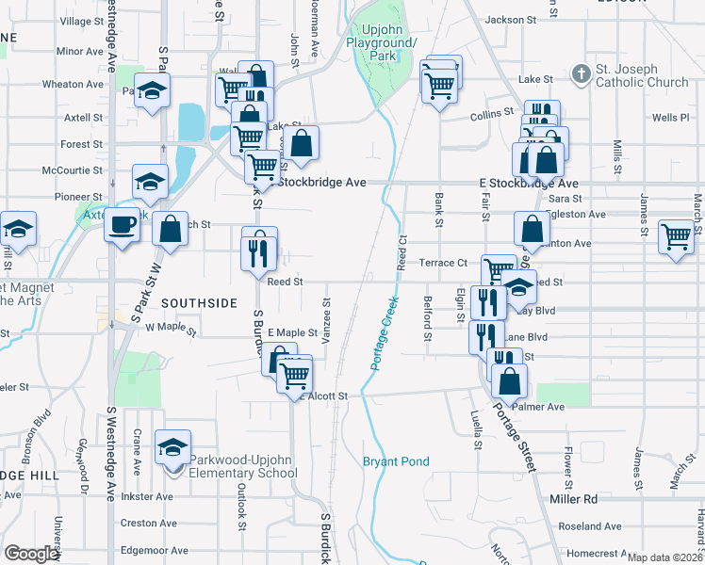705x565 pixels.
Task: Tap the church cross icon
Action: click(x=582, y=73)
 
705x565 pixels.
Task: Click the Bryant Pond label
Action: click(x=396, y=461)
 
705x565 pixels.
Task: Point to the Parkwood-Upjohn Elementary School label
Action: click(x=243, y=465)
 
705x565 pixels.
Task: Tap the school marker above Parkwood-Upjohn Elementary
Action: click(x=172, y=447)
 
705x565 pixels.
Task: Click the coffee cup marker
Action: click(x=122, y=224)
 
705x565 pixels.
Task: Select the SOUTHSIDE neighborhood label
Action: click(x=199, y=303)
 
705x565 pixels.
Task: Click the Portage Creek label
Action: click(x=385, y=332)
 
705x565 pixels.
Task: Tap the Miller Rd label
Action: click(x=573, y=498)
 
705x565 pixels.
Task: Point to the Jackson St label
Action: click(x=512, y=19)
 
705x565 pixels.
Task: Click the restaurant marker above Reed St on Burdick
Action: click(x=259, y=250)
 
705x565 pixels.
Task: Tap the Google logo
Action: click(x=32, y=554)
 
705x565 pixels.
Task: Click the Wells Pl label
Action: click(x=671, y=119)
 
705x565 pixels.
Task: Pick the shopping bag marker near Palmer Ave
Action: click(x=509, y=382)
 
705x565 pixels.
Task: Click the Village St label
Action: click(x=82, y=21)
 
